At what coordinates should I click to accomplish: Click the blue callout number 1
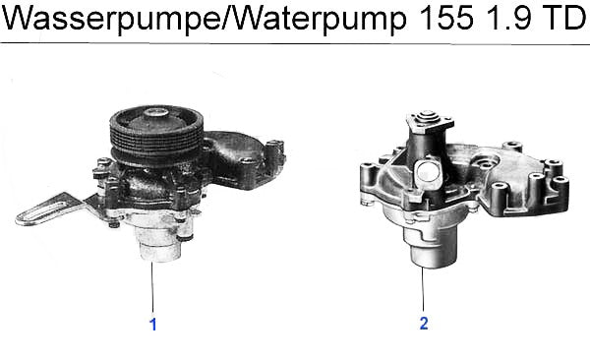pyautogui.click(x=152, y=325)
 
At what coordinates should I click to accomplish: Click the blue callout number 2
pyautogui.click(x=424, y=324)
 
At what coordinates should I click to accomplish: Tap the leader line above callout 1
pyautogui.click(x=152, y=287)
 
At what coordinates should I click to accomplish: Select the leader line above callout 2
pyautogui.click(x=423, y=289)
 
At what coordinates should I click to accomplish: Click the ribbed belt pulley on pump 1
pyautogui.click(x=156, y=136)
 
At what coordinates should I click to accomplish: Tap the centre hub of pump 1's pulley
pyautogui.click(x=156, y=113)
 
